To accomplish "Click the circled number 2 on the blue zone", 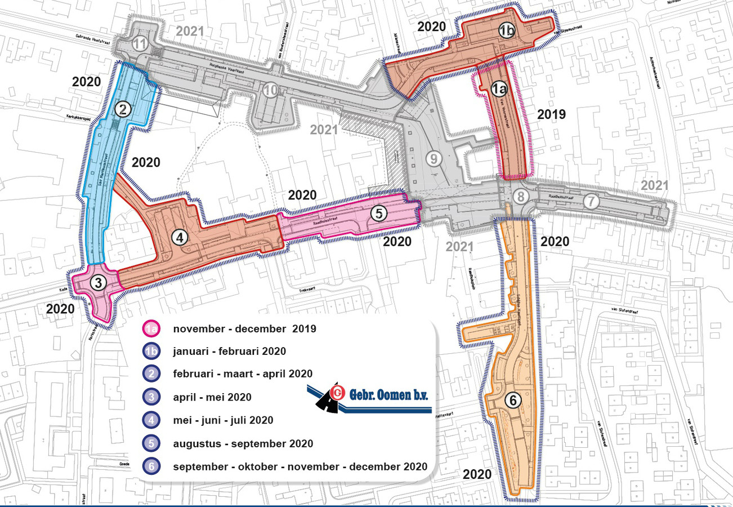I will point(124,109).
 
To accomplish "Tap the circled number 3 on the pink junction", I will point(99,283).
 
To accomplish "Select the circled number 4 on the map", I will point(180,238).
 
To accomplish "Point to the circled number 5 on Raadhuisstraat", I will point(379,213).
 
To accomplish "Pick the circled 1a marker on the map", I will point(498,88).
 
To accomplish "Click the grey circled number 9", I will point(432,159).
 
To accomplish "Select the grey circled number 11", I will point(140,45).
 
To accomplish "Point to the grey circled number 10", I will point(271,90).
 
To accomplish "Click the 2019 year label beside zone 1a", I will point(551,114).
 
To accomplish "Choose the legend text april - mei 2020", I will point(212,397).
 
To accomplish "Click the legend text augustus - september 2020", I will point(243,443).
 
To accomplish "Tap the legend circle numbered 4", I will point(151,420).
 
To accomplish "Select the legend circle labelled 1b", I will point(151,352).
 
